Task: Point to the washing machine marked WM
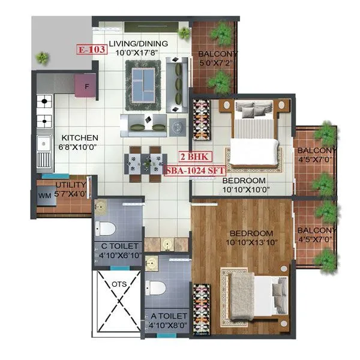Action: click(45, 196)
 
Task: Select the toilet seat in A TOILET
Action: click(156, 287)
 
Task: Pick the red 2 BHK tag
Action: click(193, 156)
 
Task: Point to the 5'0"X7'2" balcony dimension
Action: click(214, 62)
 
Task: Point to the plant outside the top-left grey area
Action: click(42, 58)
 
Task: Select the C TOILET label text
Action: click(120, 246)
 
